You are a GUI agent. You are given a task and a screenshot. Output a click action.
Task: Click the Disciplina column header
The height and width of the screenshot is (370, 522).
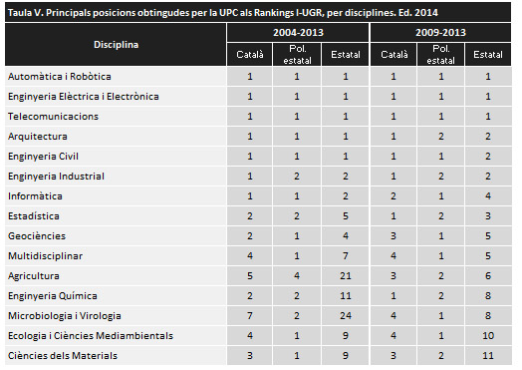[117, 46]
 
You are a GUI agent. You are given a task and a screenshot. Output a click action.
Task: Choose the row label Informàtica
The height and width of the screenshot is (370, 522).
[34, 195]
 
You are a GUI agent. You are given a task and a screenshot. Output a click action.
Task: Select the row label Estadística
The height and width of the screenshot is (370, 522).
[33, 215]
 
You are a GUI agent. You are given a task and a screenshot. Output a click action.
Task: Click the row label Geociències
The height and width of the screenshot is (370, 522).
[36, 235]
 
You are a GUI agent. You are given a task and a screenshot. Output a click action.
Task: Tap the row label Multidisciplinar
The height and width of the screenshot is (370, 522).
[45, 255]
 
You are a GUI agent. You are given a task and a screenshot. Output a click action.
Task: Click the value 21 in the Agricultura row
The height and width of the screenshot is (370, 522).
[345, 275]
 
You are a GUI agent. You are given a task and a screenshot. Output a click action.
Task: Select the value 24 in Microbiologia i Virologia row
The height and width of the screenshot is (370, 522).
[345, 315]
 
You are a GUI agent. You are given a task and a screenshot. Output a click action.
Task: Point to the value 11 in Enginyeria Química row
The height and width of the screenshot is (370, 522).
[345, 295]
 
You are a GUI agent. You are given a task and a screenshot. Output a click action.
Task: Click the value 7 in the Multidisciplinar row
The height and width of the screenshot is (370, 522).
[345, 255]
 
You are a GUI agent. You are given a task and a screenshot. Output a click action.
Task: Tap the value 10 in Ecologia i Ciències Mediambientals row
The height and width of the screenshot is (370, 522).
[488, 335]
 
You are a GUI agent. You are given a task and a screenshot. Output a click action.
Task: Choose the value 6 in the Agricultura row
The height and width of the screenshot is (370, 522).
[488, 275]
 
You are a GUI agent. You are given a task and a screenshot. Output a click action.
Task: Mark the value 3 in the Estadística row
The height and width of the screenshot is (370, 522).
[488, 215]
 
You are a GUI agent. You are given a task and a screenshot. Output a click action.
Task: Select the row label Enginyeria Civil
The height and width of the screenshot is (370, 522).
[43, 156]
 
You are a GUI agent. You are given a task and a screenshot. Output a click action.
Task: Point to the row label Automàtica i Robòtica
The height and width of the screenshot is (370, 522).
[59, 76]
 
